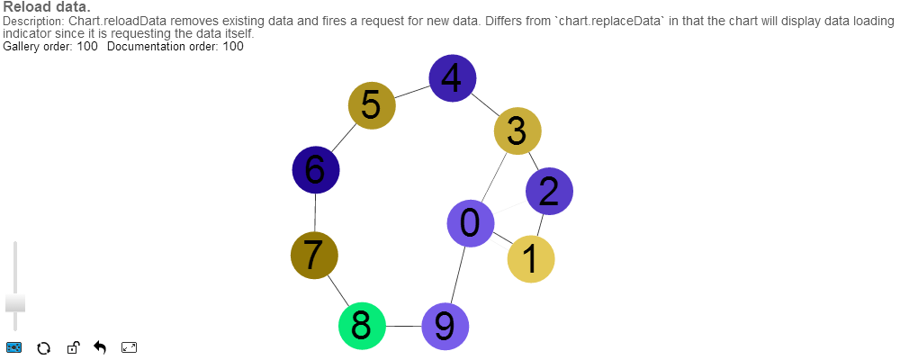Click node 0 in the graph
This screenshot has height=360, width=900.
471,222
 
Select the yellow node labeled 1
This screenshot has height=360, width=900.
531,259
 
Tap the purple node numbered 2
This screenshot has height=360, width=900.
549,191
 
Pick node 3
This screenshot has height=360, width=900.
517,131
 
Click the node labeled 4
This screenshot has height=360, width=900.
452,78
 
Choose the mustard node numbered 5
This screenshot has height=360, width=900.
372,106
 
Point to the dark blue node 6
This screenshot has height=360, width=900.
316,169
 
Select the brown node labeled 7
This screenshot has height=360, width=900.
315,256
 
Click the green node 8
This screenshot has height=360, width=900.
362,324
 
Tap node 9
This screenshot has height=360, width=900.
445,325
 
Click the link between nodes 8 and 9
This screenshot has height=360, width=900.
403,325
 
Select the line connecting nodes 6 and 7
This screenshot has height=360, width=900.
315,212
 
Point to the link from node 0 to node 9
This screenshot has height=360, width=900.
457,274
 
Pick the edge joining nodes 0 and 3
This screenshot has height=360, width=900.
493,178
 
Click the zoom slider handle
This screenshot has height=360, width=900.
15,302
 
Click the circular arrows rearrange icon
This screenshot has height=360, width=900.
42,348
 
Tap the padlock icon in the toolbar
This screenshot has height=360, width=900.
72,348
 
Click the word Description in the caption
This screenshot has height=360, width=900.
32,20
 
